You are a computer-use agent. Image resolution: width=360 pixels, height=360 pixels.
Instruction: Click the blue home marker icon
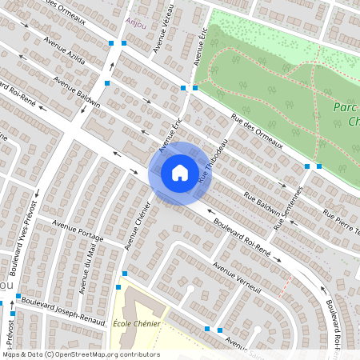click(180, 172)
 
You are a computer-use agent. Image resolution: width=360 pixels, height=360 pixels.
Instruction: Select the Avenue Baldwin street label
click(78, 92)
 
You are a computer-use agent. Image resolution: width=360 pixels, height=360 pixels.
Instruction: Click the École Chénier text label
click(137, 324)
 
